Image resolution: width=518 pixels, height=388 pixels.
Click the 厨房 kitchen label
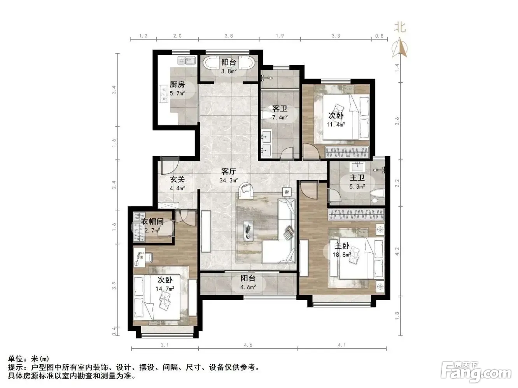click(x=177, y=84)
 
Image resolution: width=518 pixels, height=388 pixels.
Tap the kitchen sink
click(x=187, y=61)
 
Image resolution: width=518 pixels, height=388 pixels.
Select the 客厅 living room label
click(x=228, y=171)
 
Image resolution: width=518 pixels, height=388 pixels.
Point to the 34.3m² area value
click(x=229, y=181)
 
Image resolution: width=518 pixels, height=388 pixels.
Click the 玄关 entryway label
click(x=177, y=179)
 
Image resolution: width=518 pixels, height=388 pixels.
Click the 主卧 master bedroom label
click(x=342, y=246)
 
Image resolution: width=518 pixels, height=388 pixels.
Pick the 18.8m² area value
click(x=342, y=254)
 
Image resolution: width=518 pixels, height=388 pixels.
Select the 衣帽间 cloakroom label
click(x=152, y=221)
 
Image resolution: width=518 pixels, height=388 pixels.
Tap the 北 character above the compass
click(x=400, y=28)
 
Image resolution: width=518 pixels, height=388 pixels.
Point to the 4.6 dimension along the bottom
click(x=248, y=345)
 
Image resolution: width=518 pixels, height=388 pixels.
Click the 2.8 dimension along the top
click(x=229, y=36)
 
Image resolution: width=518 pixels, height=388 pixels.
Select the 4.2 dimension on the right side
click(x=397, y=251)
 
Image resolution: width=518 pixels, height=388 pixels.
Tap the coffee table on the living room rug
click(x=248, y=231)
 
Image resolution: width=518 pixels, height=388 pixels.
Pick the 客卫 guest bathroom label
click(x=280, y=109)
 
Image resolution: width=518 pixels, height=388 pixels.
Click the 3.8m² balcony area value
click(x=229, y=71)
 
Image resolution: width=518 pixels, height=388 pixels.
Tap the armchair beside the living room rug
click(x=245, y=190)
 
